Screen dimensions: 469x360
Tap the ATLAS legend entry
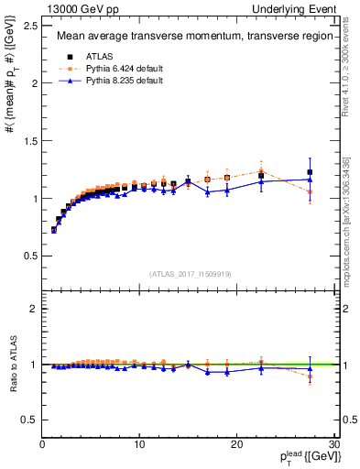click(101, 56)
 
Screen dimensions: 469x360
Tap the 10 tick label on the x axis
click(139, 444)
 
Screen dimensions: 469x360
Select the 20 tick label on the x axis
click(236, 444)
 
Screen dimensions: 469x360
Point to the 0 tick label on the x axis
click(43, 444)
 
